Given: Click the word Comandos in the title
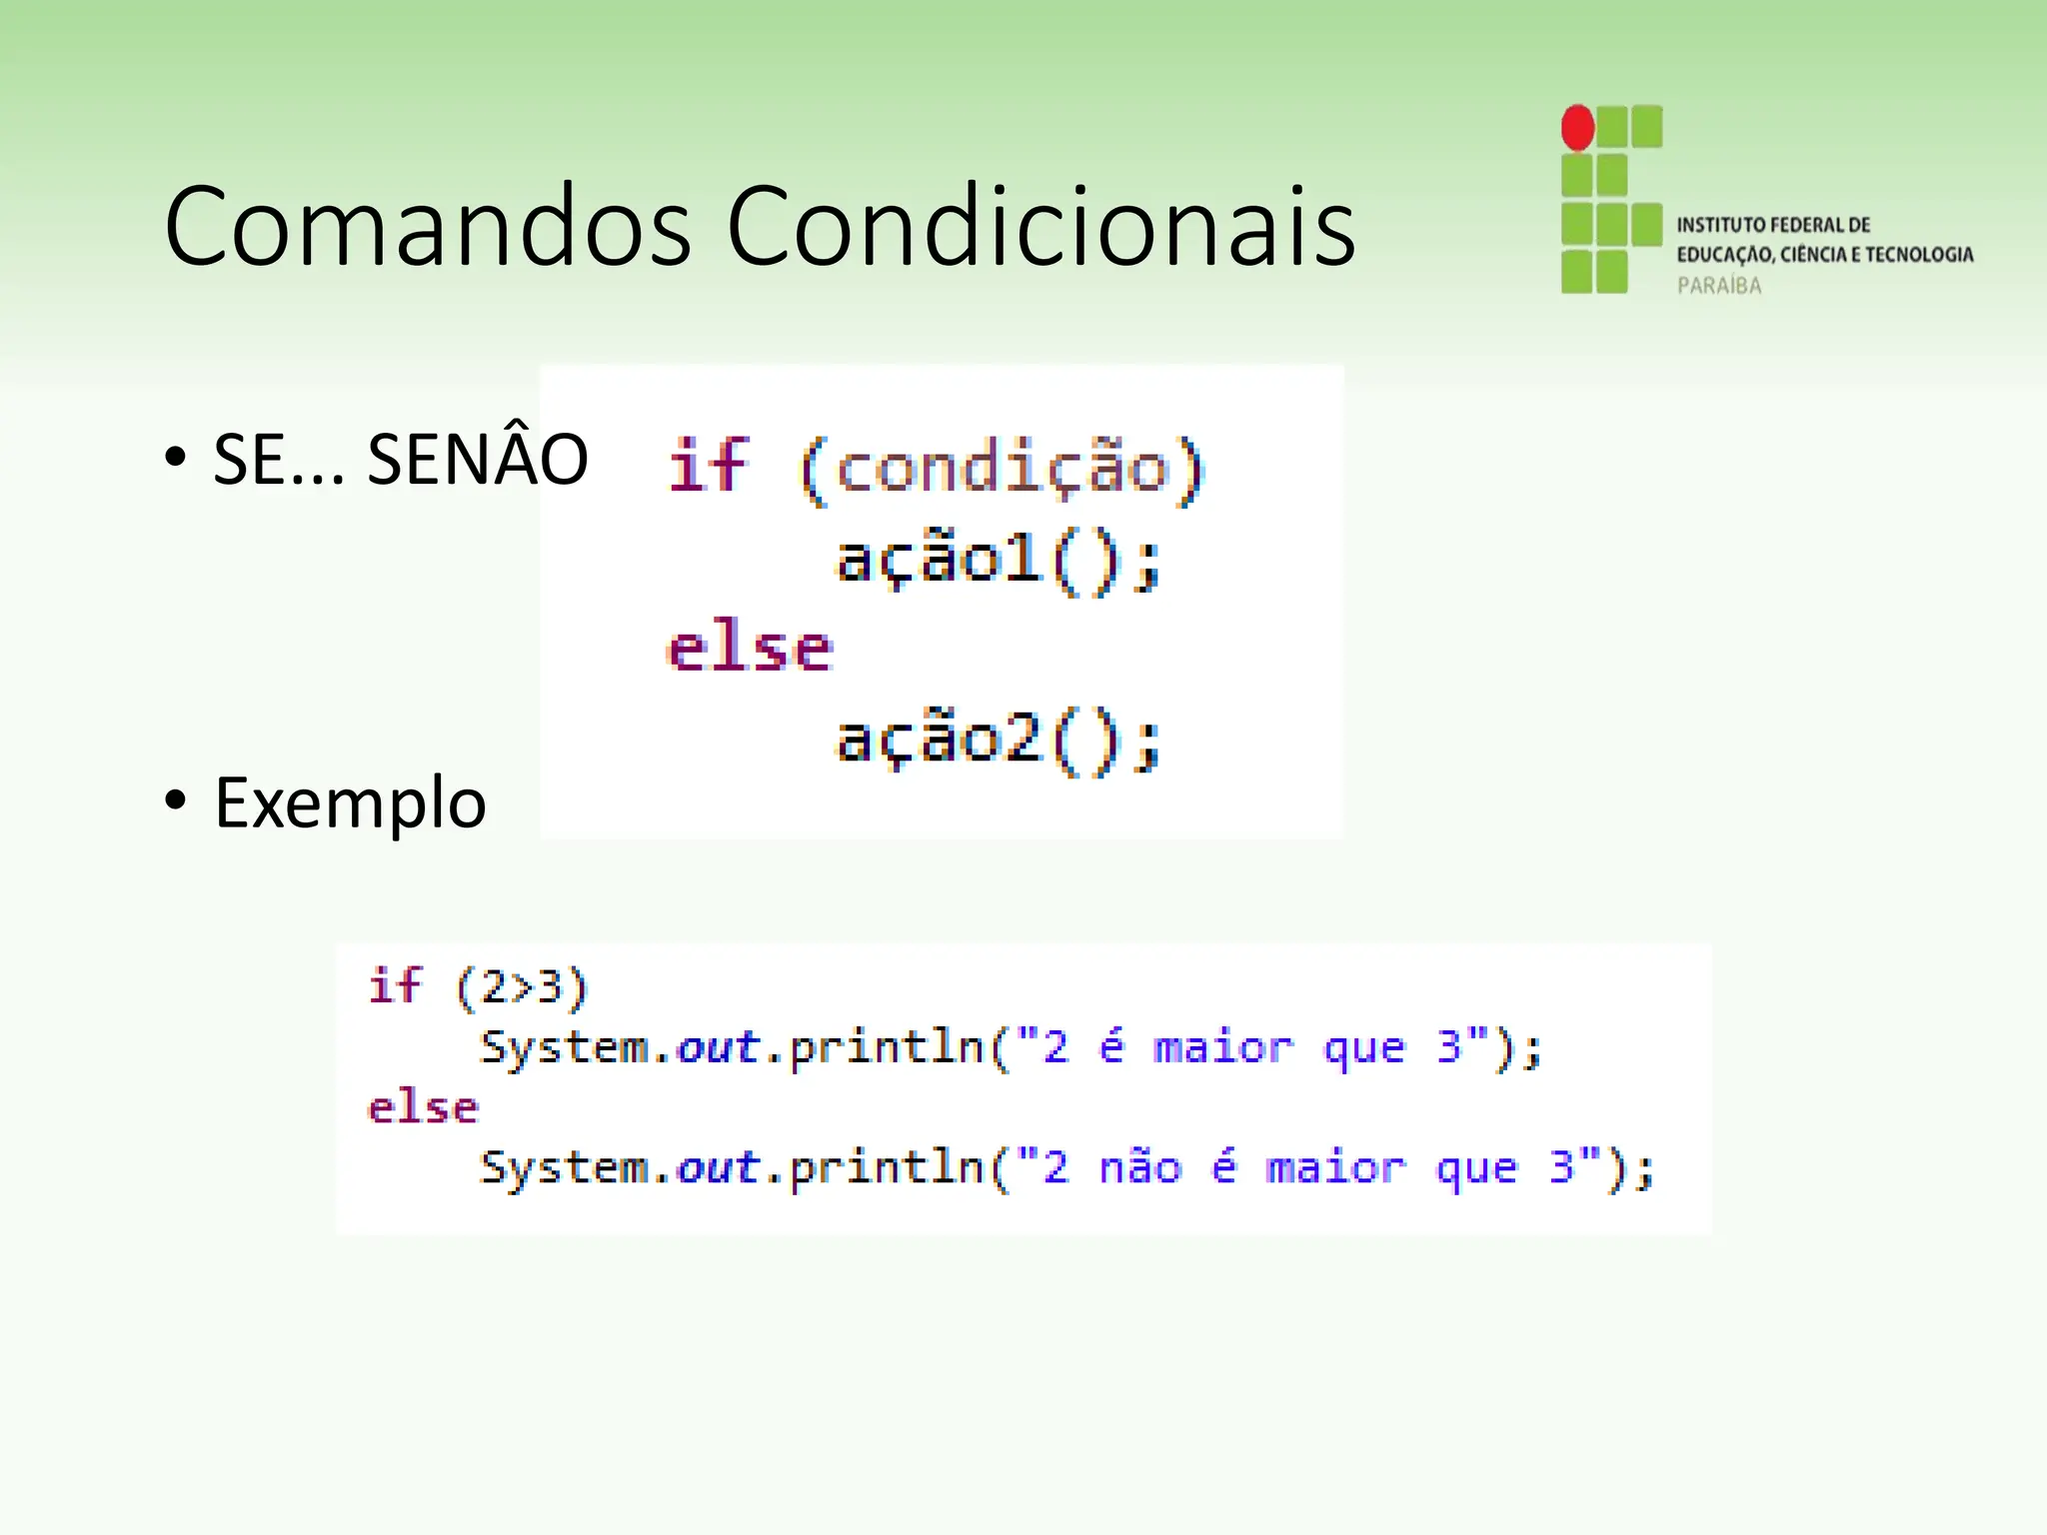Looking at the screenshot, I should [428, 227].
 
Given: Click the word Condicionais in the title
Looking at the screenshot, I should [1039, 227].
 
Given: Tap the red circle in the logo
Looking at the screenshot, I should [1577, 128].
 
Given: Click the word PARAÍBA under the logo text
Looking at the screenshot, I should [1719, 286].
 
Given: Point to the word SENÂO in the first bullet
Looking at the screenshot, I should [478, 460].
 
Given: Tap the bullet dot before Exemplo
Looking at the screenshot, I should [176, 800].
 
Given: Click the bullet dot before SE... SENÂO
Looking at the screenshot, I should [176, 458].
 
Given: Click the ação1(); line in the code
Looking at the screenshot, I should [998, 560].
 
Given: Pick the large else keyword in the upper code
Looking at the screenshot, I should [750, 650].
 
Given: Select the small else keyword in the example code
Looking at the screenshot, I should [423, 1108].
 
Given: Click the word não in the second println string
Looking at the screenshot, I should [1140, 1167].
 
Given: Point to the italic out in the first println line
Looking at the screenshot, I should [718, 1047].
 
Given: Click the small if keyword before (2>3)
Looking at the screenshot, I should [396, 985].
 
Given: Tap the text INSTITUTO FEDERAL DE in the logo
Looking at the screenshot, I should [1773, 225].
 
